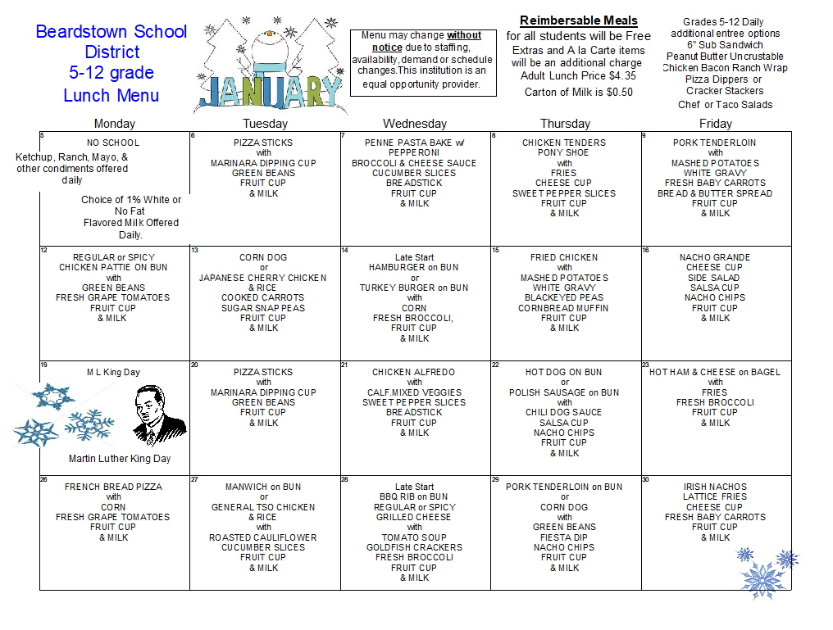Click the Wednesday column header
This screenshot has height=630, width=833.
pyautogui.click(x=415, y=124)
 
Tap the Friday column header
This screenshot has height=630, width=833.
pyautogui.click(x=715, y=124)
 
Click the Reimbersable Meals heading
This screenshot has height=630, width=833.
pyautogui.click(x=578, y=20)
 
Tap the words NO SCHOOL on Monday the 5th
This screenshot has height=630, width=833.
pyautogui.click(x=113, y=143)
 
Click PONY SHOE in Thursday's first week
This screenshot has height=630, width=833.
pyautogui.click(x=564, y=152)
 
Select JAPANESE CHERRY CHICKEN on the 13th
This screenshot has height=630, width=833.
pyautogui.click(x=264, y=278)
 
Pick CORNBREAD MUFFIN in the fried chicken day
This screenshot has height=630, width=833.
pyautogui.click(x=564, y=308)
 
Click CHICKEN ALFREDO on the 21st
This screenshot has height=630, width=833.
pyautogui.click(x=414, y=372)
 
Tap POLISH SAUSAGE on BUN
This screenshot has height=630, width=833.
pyautogui.click(x=564, y=392)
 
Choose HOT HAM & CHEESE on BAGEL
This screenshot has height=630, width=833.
pyautogui.click(x=715, y=372)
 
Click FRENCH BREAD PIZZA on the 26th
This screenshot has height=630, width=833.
pyautogui.click(x=113, y=487)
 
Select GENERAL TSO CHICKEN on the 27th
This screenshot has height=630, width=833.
pyautogui.click(x=264, y=507)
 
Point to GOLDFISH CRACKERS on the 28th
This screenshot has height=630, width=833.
pyautogui.click(x=414, y=547)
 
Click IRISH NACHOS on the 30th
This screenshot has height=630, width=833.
pyautogui.click(x=715, y=487)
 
